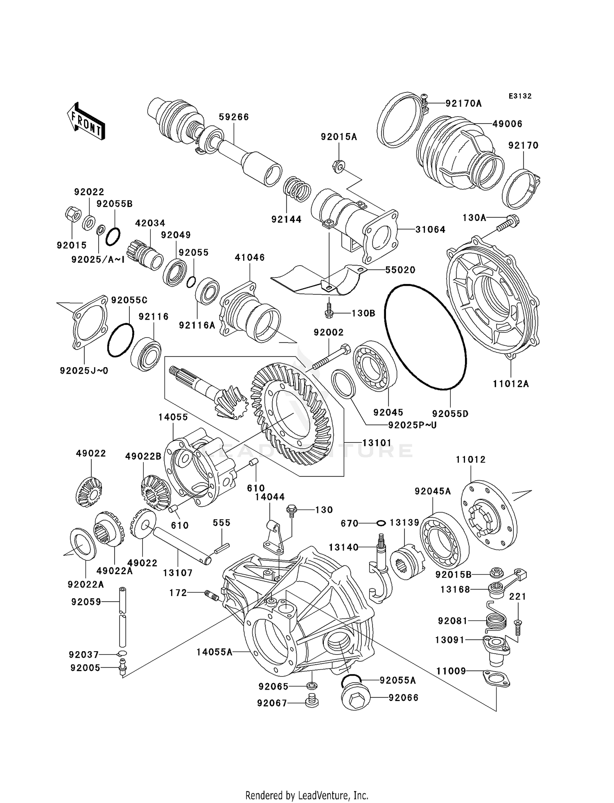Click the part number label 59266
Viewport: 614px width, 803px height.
[234, 117]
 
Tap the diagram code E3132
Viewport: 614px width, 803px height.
[520, 96]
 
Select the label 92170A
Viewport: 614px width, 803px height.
[463, 104]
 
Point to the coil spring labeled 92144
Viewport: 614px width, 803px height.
[298, 189]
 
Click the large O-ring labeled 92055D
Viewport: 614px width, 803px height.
[425, 336]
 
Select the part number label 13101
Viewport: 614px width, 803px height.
[377, 443]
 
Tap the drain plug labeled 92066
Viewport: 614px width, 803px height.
[355, 697]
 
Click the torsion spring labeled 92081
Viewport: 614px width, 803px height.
[496, 620]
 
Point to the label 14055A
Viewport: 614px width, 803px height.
[214, 652]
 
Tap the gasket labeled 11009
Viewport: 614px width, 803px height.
[496, 678]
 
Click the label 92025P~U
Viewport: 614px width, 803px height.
[412, 425]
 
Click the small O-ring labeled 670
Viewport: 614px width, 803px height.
[381, 523]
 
